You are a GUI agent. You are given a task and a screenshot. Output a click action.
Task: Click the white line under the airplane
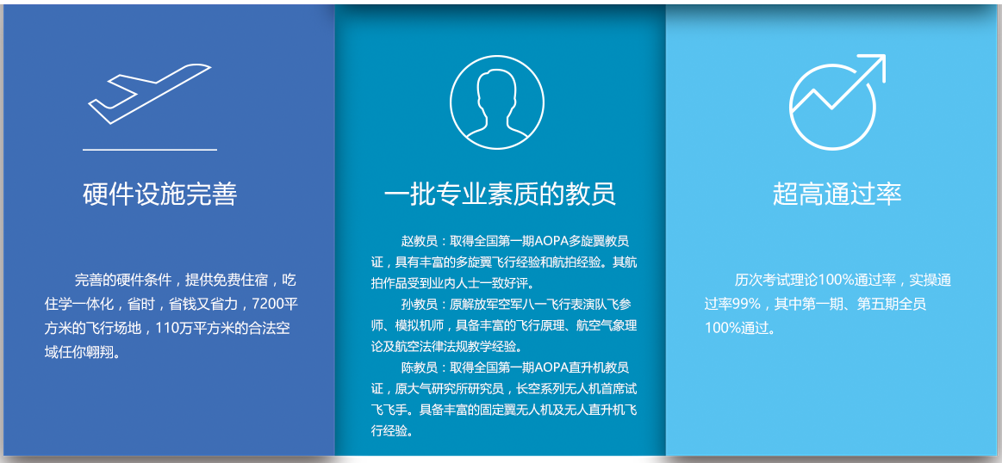coord(150,150)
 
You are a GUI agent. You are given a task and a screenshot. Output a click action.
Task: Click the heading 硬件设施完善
coord(159,194)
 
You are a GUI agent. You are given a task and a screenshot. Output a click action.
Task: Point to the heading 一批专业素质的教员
coord(500,194)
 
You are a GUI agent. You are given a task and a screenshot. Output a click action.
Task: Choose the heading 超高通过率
coord(837,194)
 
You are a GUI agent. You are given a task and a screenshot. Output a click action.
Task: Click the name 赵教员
coord(419,242)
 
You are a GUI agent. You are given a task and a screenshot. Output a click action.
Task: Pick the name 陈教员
coord(419,367)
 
